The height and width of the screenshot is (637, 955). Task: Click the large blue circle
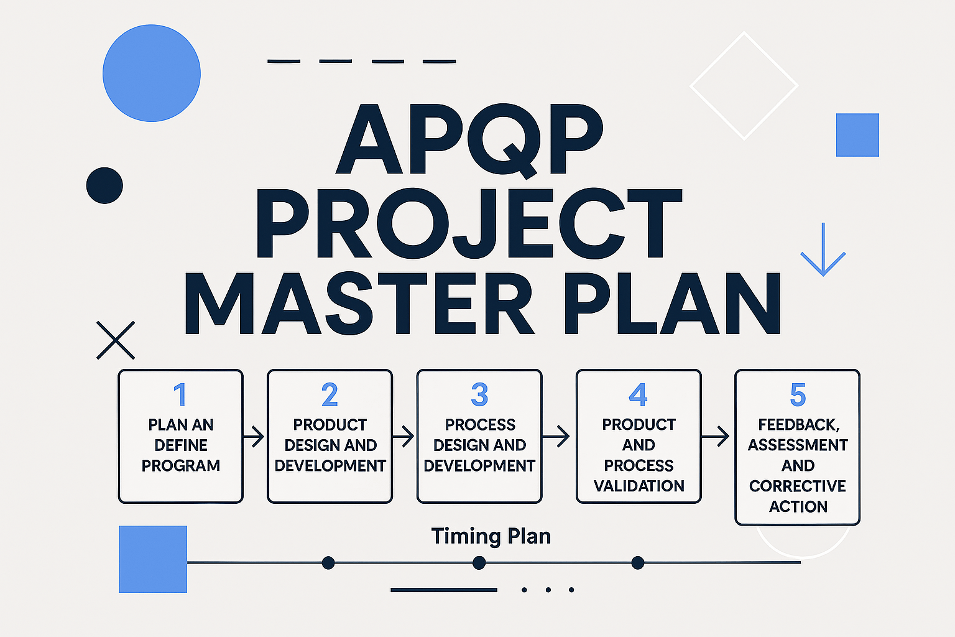[x=152, y=73]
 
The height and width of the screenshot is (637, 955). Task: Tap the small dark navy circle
[x=104, y=185]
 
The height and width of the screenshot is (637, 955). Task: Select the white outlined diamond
[x=744, y=86]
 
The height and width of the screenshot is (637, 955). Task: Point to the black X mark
[x=116, y=340]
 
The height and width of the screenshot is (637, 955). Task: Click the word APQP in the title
[x=469, y=139]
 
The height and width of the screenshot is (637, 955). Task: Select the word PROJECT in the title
[x=469, y=224]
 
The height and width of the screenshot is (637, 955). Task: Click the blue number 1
[x=180, y=395]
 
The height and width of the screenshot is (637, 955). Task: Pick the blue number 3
[x=479, y=395]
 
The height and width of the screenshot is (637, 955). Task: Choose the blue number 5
[x=798, y=395]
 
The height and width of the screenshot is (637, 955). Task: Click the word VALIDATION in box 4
[x=639, y=486]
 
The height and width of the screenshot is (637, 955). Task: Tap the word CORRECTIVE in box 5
[x=798, y=486]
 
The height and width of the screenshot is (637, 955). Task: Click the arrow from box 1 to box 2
[x=254, y=437]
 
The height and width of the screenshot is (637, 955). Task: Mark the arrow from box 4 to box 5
[x=716, y=437]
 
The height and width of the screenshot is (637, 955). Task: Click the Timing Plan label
[x=491, y=536]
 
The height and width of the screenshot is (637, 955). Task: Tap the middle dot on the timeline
[x=479, y=563]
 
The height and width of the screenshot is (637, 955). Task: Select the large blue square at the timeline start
[x=153, y=559]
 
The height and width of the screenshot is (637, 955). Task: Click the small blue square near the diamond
[x=857, y=135]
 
